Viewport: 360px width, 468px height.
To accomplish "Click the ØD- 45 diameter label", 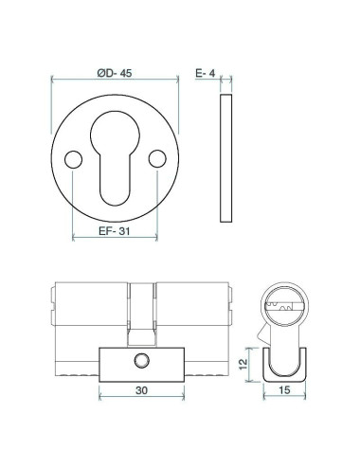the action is coord(115,73).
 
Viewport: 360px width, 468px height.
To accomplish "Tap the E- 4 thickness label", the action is coord(205,73).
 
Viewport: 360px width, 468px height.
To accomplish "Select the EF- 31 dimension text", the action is coord(114,231).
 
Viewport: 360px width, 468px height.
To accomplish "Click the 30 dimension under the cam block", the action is coord(141,390).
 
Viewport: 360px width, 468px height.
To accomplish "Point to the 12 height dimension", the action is coord(243,364).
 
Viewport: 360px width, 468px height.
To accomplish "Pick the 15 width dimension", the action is coord(284,390).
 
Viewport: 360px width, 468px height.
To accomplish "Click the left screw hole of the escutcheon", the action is coord(73,159).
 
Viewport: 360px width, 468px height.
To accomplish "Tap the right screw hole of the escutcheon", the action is coord(157,159).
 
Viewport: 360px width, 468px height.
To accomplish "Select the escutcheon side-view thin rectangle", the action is coord(226,158).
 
